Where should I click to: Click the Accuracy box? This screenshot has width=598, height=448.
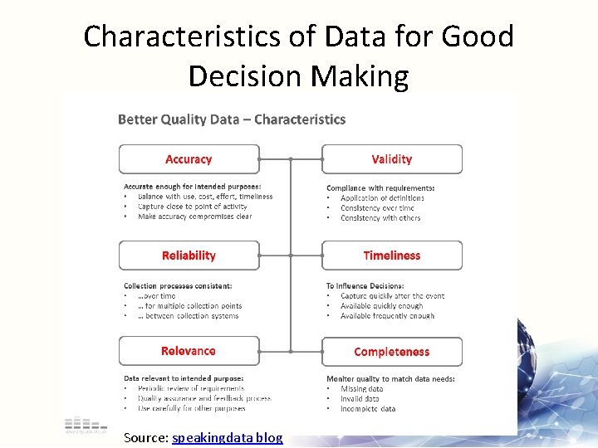pyautogui.click(x=189, y=159)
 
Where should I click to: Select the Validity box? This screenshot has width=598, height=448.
pyautogui.click(x=391, y=159)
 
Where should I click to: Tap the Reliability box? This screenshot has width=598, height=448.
pyautogui.click(x=189, y=256)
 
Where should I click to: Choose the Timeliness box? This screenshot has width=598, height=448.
pyautogui.click(x=391, y=256)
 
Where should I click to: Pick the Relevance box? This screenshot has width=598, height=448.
pyautogui.click(x=189, y=351)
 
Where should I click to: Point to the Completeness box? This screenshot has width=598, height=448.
pyautogui.click(x=391, y=352)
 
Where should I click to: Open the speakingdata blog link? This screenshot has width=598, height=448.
pyautogui.click(x=227, y=437)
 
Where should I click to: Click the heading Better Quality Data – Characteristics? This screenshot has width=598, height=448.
pyautogui.click(x=232, y=119)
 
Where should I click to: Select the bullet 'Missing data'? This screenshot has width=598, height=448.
pyautogui.click(x=361, y=388)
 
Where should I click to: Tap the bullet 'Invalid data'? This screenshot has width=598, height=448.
pyautogui.click(x=359, y=398)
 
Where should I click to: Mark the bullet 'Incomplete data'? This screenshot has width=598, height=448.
pyautogui.click(x=367, y=408)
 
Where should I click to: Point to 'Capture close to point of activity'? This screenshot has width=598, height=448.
pyautogui.click(x=193, y=207)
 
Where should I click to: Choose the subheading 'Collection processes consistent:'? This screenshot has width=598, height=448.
pyautogui.click(x=178, y=285)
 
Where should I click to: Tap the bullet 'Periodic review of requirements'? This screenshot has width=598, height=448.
pyautogui.click(x=191, y=388)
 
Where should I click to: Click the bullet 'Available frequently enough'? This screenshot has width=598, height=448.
pyautogui.click(x=387, y=315)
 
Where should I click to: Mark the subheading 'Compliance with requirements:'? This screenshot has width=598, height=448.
pyautogui.click(x=380, y=188)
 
